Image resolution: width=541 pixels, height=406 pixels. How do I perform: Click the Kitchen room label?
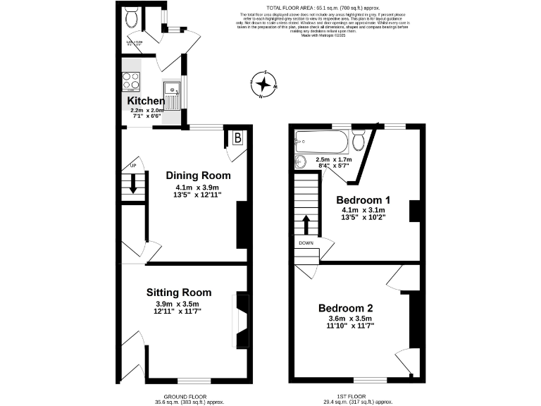[x=146, y=101]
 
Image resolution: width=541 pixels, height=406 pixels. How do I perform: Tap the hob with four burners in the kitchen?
[x=131, y=82]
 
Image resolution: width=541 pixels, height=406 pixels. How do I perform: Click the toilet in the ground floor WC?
[x=130, y=18]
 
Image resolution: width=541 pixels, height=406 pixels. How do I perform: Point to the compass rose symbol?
[x=264, y=85]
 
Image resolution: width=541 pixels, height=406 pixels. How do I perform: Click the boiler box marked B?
[x=237, y=138]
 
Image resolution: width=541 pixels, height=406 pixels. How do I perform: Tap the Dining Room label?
[x=198, y=176]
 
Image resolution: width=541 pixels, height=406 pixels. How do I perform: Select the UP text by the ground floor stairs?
[x=131, y=166]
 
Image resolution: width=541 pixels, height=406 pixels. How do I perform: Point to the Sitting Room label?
[x=178, y=293]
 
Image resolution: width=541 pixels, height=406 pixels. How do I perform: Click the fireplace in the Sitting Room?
[x=242, y=321]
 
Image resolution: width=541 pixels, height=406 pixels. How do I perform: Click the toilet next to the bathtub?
[x=359, y=142]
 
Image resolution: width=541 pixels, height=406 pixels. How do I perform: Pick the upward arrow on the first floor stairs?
[x=306, y=225]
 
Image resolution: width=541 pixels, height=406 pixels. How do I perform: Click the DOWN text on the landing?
[x=306, y=243]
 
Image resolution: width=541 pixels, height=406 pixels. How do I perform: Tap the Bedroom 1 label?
[x=363, y=199]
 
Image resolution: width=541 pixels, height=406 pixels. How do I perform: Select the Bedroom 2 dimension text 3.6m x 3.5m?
[x=344, y=319]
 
